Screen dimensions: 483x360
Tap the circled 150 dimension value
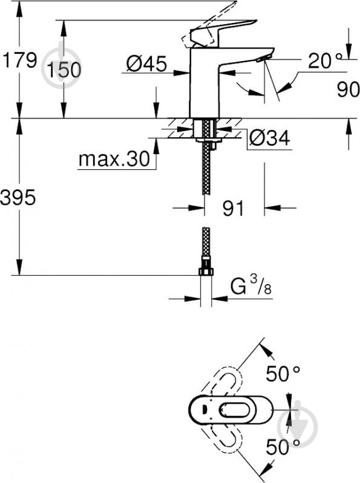tap(64, 70)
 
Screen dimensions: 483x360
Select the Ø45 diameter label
tap(146, 63)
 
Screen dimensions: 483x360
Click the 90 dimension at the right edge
tap(348, 89)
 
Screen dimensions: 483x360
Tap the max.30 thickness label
tap(114, 160)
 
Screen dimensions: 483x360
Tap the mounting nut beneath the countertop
tap(207, 143)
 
